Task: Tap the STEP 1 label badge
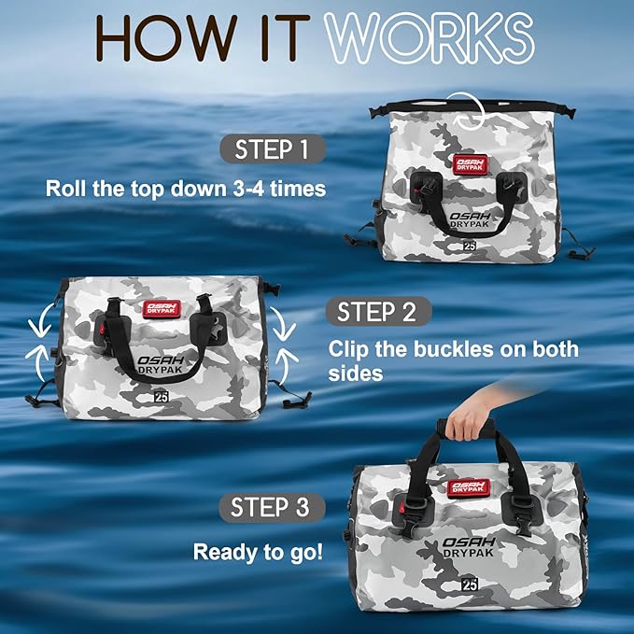(273, 149)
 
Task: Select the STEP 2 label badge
(377, 311)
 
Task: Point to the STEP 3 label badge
(270, 507)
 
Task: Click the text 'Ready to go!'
(258, 552)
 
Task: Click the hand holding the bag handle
(467, 423)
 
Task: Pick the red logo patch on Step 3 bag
(470, 487)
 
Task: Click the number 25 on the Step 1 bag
(469, 246)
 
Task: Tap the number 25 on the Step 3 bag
(470, 584)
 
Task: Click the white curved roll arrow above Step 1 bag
(465, 109)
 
